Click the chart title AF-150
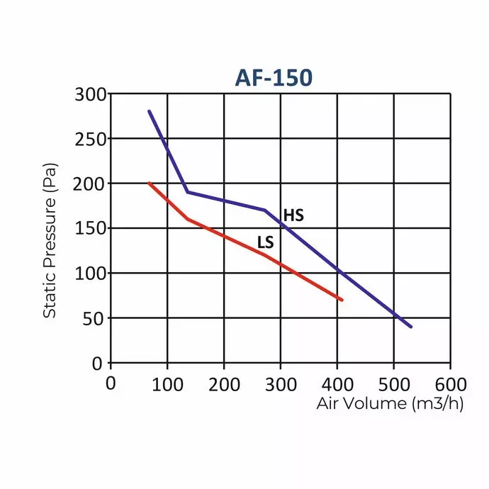click(x=273, y=77)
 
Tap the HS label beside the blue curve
click(x=293, y=215)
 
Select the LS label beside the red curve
click(x=266, y=243)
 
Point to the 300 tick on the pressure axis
click(x=90, y=94)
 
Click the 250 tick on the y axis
click(x=90, y=139)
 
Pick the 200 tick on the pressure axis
click(x=90, y=184)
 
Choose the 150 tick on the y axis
click(x=90, y=228)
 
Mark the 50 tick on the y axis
click(x=94, y=318)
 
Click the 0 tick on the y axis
click(x=99, y=363)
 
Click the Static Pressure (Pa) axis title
click(x=50, y=242)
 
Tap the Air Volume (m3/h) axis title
click(x=390, y=404)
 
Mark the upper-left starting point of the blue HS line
click(x=149, y=111)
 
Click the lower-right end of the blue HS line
click(x=410, y=327)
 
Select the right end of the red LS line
click(x=342, y=300)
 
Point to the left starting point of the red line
click(x=149, y=183)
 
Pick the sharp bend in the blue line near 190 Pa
click(x=187, y=192)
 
